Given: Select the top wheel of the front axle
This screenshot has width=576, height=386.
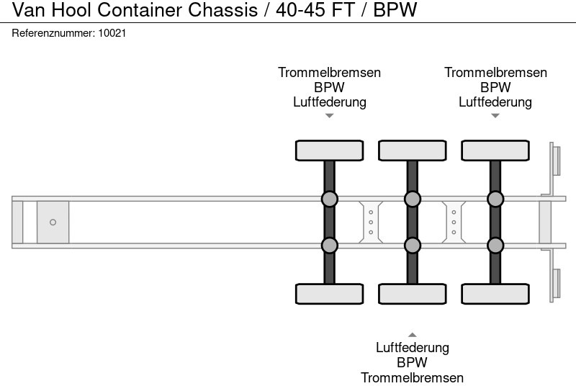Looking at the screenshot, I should coord(329,151).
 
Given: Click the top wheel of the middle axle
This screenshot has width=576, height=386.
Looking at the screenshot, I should coord(412,151).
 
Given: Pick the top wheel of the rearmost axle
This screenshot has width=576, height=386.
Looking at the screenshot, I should coord(495,151).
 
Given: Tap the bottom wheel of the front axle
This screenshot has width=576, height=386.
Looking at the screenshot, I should coord(329,294).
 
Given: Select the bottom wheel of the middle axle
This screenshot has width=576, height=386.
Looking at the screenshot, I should coord(412,294).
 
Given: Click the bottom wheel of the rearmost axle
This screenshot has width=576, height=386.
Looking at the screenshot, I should coord(495,294).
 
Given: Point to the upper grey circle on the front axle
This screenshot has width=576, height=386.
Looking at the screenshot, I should coord(329,199).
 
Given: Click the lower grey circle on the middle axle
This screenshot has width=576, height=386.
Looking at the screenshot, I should coord(412,246).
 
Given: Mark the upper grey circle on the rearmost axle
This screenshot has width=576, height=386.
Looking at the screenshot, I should coord(495,199).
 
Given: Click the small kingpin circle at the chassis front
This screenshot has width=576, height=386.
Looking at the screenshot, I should coord(53,223).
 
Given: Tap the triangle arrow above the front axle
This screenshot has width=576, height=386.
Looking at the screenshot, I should coord(329,115).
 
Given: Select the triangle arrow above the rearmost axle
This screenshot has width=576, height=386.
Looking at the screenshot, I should coord(495,115).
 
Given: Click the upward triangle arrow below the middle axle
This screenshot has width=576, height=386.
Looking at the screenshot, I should coord(412,334).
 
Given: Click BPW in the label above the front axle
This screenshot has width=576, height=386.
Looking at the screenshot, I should coord(329,87).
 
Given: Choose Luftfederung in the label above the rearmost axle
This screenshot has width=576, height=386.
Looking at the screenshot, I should coord(495,102).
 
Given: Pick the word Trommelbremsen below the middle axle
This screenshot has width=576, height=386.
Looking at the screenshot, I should coord(412,377).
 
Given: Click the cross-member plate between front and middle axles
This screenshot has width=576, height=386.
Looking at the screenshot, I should coord(370,222).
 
